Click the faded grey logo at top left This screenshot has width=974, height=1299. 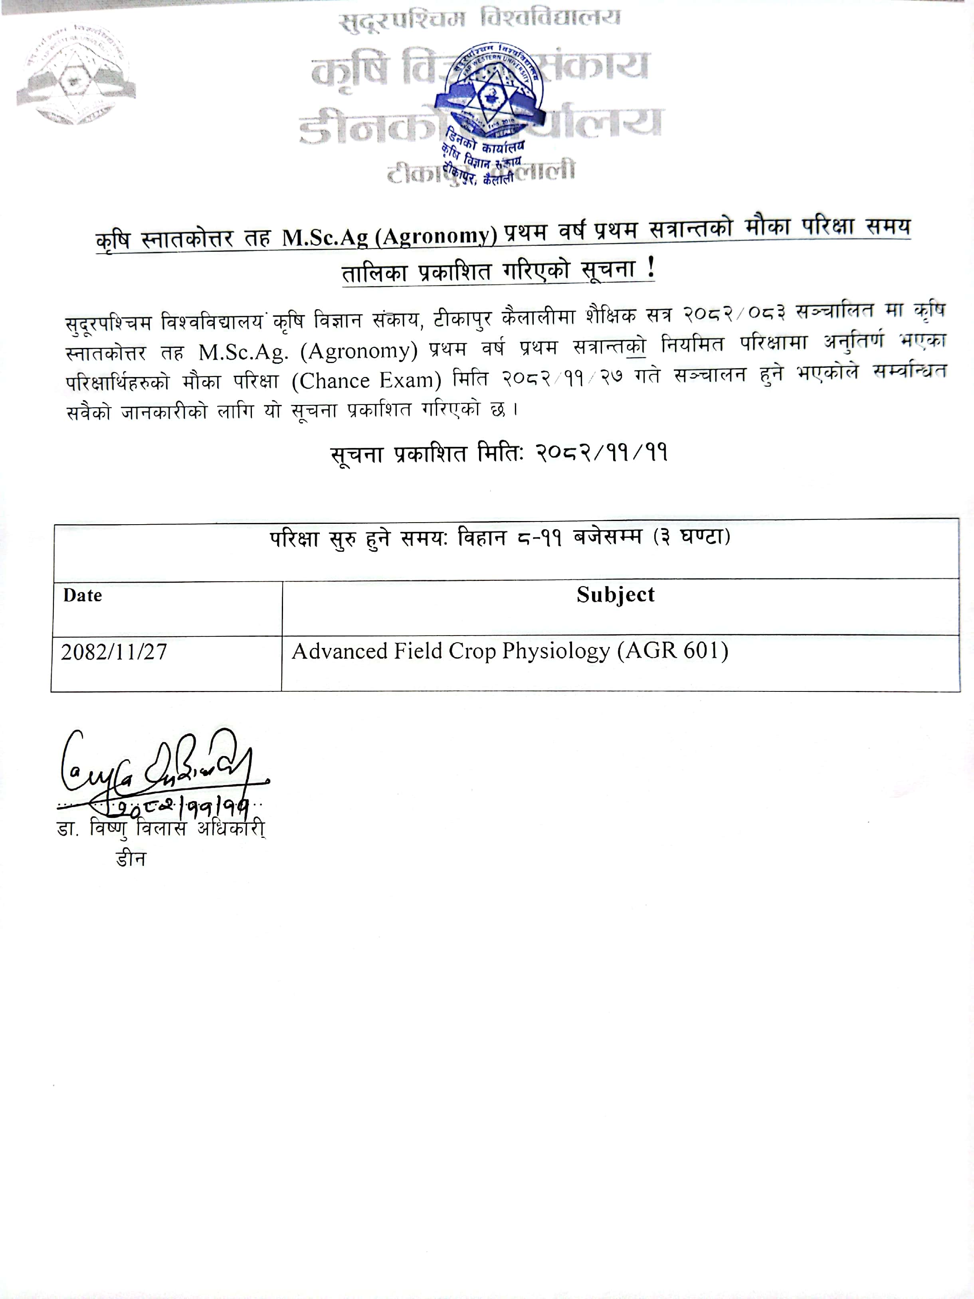(75, 75)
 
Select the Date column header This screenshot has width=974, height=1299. (83, 596)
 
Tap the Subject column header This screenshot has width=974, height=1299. (615, 595)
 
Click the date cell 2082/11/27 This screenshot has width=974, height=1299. (114, 652)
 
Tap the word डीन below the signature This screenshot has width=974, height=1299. (131, 859)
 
